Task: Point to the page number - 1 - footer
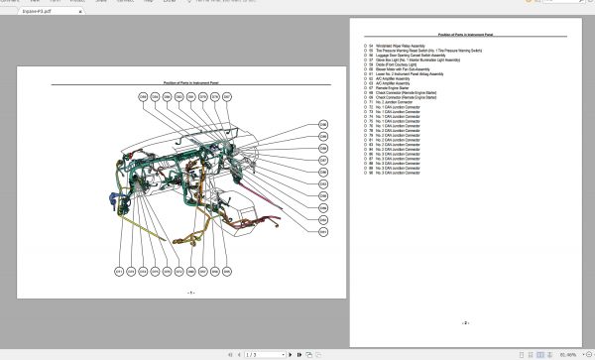190,292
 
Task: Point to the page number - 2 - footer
464,322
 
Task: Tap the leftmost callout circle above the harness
143,96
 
